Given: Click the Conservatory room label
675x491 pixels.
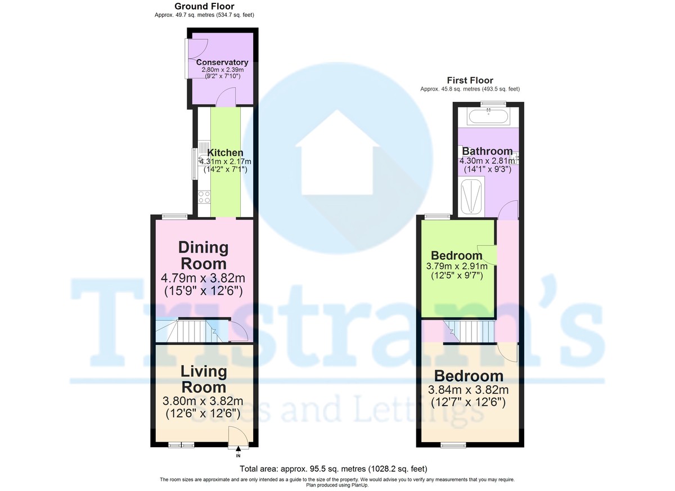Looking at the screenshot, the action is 222,62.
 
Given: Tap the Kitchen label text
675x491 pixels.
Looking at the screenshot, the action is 225,152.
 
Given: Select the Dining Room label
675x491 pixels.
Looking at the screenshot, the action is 204,255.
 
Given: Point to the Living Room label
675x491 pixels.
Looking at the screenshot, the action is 204,379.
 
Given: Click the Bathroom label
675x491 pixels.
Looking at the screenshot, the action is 487,151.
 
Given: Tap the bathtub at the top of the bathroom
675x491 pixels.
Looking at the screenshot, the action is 488,116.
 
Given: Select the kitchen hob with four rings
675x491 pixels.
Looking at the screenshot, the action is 204,197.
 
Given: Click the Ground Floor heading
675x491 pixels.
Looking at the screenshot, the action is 204,6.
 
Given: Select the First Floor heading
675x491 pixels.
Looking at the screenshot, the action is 470,80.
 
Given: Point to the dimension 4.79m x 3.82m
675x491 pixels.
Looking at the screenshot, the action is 203,278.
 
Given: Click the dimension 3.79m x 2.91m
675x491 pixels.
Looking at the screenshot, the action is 457,266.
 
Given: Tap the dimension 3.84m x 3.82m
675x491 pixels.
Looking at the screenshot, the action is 468,390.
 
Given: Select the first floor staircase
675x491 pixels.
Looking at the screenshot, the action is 470,331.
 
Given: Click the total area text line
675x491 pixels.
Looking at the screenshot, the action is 333,469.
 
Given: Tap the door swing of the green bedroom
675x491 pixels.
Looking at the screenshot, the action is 487,253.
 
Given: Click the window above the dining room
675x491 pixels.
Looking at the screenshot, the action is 174,216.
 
